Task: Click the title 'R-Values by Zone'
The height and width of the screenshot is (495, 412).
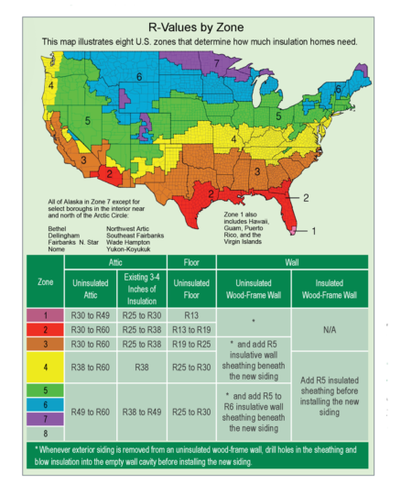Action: pyautogui.click(x=205, y=27)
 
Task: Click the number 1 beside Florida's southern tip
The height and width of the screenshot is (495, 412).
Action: pyautogui.click(x=313, y=231)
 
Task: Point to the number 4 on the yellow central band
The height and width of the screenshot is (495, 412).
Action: pyautogui.click(x=234, y=140)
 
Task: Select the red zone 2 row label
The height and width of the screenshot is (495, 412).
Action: pyautogui.click(x=44, y=328)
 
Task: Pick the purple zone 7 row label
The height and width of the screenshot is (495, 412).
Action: pyautogui.click(x=44, y=419)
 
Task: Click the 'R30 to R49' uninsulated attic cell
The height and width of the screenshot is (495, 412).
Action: pyautogui.click(x=90, y=314)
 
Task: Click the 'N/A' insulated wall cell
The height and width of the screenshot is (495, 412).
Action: pyautogui.click(x=330, y=329)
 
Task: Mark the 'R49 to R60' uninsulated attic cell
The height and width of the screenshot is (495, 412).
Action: pyautogui.click(x=90, y=412)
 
